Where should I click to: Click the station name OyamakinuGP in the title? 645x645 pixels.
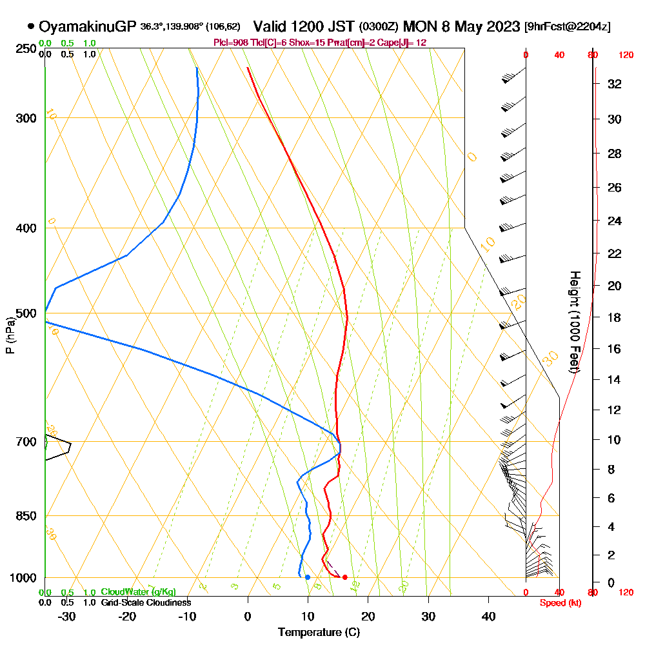[x=87, y=26]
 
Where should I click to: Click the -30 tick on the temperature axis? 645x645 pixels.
[x=67, y=615]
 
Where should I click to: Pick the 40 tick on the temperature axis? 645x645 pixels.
[x=488, y=615]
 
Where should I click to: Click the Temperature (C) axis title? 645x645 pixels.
[x=319, y=632]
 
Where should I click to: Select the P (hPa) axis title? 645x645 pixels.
[x=10, y=335]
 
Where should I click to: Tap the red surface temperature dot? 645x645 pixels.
[x=345, y=577]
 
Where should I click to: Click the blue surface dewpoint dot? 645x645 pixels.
[x=308, y=577]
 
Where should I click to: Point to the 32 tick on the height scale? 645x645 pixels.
[x=614, y=84]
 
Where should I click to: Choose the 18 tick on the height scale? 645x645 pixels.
[x=614, y=317]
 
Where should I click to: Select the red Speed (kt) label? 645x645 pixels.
[x=559, y=603]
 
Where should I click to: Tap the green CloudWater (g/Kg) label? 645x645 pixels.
[x=138, y=592]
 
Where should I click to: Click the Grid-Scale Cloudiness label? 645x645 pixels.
[x=146, y=602]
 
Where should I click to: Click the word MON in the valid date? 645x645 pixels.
[x=419, y=26]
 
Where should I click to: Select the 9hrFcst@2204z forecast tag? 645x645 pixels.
[x=568, y=26]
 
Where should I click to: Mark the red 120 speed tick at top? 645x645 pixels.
[x=625, y=55]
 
